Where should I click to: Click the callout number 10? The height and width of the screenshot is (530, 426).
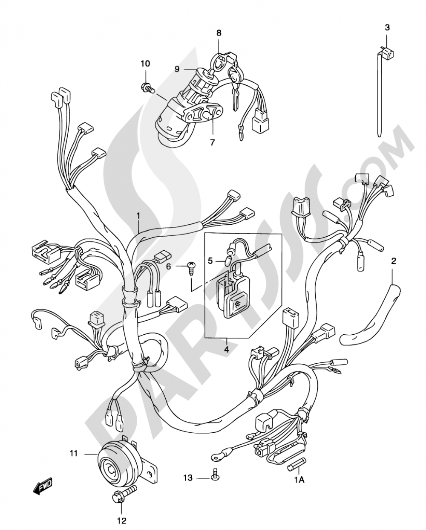tap(145, 64)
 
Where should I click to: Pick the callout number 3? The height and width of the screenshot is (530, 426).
tap(387, 27)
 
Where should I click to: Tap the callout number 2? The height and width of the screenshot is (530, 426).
tap(394, 261)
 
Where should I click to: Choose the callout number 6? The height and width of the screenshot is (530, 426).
tap(168, 266)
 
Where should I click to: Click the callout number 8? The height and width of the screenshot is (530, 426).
tap(219, 32)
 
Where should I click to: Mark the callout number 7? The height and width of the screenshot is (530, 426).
tap(213, 142)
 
